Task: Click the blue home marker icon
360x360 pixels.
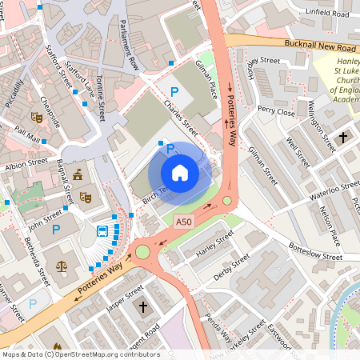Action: (x=180, y=172)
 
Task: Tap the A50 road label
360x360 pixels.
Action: (x=184, y=221)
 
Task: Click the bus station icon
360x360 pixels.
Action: (x=103, y=232)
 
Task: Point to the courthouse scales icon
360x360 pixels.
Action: (x=62, y=264)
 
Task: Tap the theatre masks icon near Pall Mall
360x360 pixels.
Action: (x=36, y=117)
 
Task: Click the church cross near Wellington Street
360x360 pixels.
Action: (x=343, y=138)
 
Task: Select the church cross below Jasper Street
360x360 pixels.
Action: (x=143, y=307)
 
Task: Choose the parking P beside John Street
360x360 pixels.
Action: (x=56, y=230)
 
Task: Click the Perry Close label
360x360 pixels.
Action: (x=276, y=111)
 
